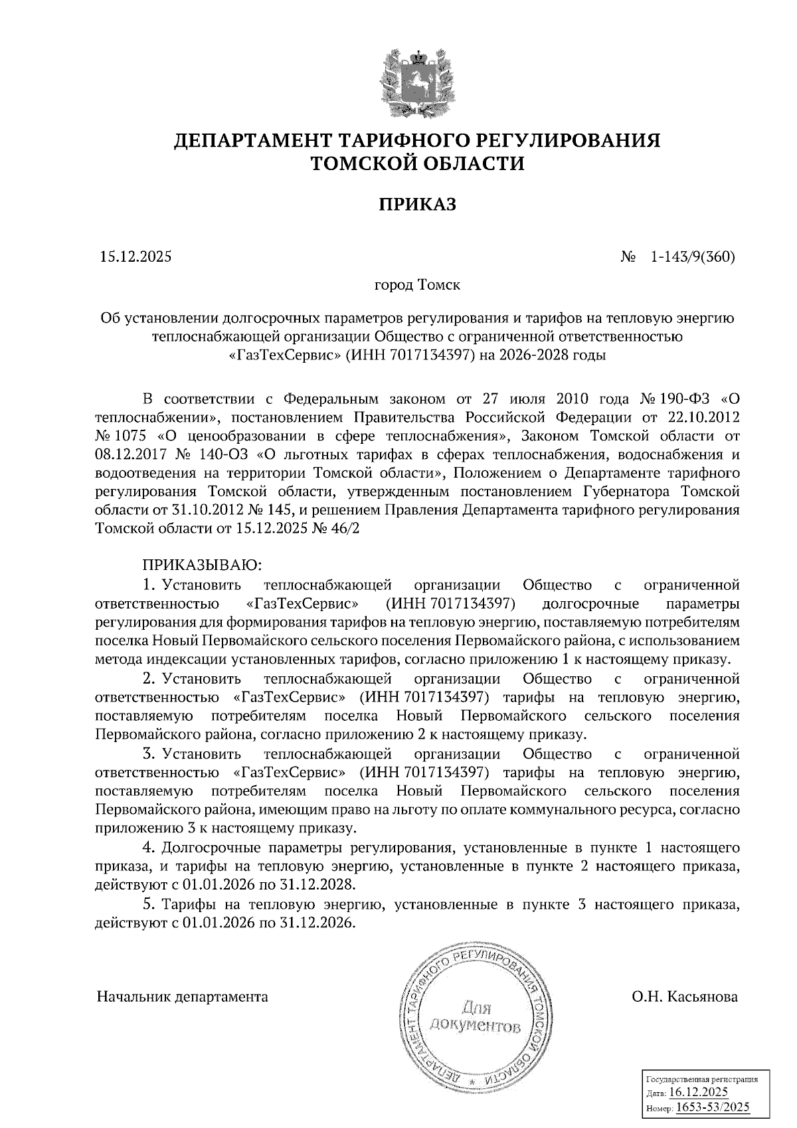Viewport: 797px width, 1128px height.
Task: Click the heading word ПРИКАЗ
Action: [x=418, y=204]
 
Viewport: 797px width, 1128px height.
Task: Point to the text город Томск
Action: [x=417, y=286]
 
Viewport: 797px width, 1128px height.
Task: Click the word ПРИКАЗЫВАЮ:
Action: [x=203, y=565]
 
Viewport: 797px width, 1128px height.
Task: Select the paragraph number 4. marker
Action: [x=149, y=848]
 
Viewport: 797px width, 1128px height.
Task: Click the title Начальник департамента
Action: [x=183, y=997]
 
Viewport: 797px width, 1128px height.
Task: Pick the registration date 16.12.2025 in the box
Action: [x=698, y=1093]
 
